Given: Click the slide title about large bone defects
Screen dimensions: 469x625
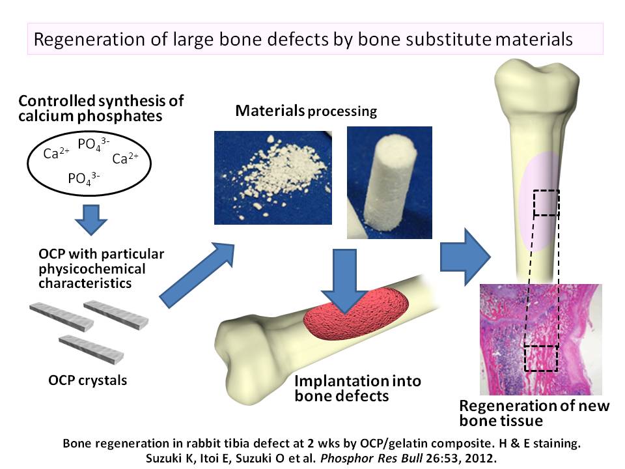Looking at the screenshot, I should pyautogui.click(x=303, y=39).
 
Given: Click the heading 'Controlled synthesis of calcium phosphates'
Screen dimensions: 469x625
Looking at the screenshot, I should pyautogui.click(x=101, y=109).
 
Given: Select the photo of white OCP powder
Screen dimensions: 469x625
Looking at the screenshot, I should pyautogui.click(x=273, y=177).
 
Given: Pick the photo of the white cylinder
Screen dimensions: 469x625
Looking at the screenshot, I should pyautogui.click(x=389, y=182).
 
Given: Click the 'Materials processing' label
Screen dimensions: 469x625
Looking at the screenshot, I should pyautogui.click(x=306, y=111).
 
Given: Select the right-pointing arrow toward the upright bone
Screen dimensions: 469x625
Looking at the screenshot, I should pyautogui.click(x=465, y=254).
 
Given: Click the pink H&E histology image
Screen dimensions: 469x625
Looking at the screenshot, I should pyautogui.click(x=540, y=339).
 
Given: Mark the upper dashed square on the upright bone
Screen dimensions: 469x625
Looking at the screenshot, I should pyautogui.click(x=546, y=203).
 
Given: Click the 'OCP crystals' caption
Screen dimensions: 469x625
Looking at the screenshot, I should pyautogui.click(x=88, y=380).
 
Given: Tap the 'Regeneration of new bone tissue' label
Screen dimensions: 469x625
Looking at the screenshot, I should pyautogui.click(x=535, y=413).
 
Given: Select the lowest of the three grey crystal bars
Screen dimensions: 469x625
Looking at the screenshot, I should pyautogui.click(x=91, y=347).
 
